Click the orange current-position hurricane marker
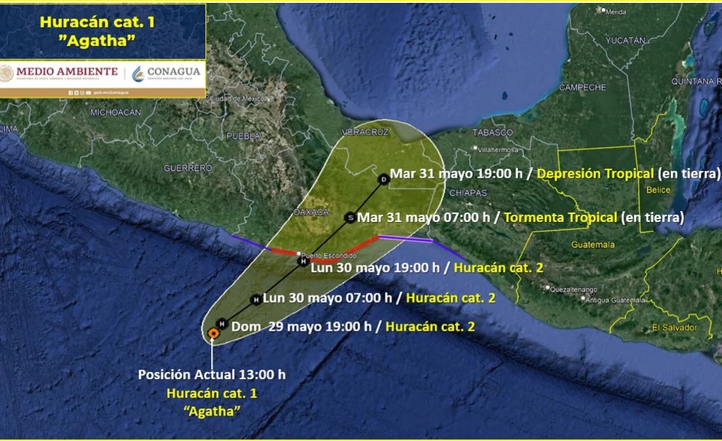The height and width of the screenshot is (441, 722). click(213, 333)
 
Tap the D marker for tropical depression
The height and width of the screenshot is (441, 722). click(384, 178)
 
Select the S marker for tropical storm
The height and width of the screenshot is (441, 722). click(350, 217)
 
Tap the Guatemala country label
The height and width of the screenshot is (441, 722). click(592, 245)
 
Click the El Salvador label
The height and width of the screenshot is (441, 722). click(674, 327)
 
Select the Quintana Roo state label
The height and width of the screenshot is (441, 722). click(696, 82)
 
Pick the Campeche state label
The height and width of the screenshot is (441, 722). click(582, 87)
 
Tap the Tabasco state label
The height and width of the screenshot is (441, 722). click(493, 132)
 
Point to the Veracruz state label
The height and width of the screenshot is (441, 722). click(365, 132)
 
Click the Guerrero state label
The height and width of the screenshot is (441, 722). click(188, 168)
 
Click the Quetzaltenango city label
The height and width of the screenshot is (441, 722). click(574, 289)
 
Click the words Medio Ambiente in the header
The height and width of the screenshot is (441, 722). click(59, 71)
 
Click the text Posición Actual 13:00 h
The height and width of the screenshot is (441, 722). click(212, 375)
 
